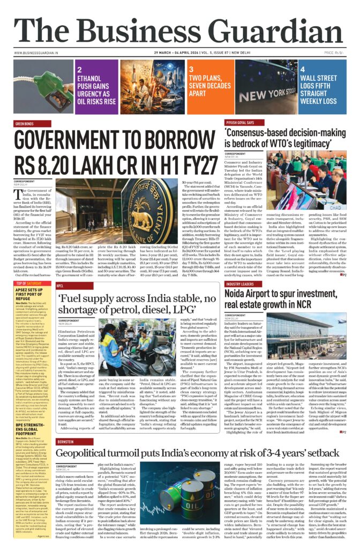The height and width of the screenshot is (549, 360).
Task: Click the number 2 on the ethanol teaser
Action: tap(80, 70)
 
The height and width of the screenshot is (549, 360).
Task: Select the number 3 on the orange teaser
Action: tap(191, 70)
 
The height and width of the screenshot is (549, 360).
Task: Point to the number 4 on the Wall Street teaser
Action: tap(303, 70)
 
